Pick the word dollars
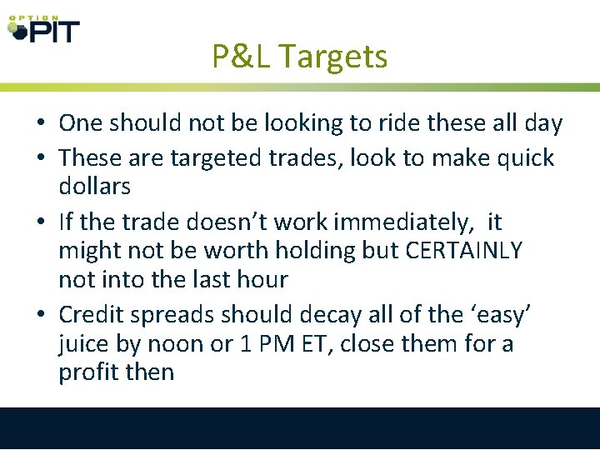[x=94, y=186]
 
